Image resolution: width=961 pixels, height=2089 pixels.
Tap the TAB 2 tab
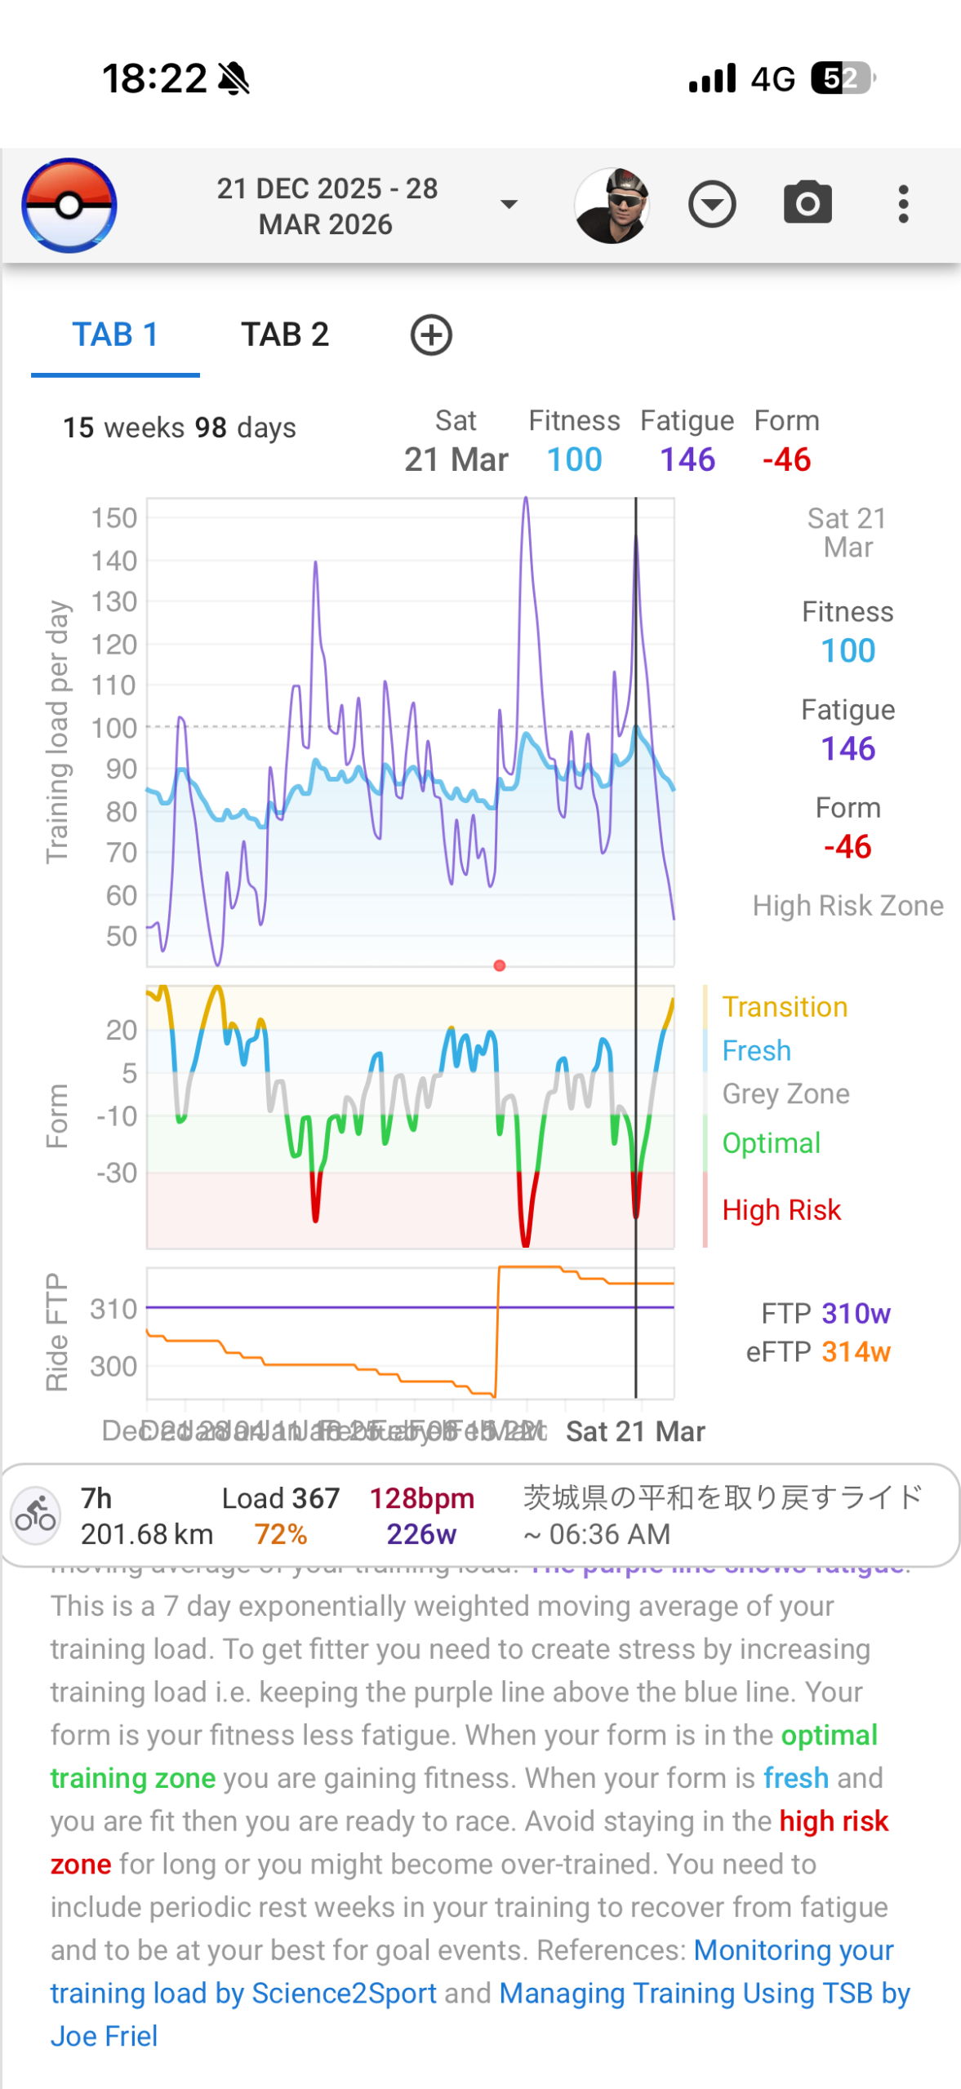coord(284,335)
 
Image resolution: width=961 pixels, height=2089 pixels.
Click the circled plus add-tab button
coord(431,335)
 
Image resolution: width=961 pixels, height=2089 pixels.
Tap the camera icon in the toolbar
coord(808,204)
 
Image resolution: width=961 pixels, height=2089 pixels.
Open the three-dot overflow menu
coord(903,204)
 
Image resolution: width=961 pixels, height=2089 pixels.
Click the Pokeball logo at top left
coord(69,205)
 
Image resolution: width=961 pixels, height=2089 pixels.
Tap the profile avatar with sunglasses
coord(612,206)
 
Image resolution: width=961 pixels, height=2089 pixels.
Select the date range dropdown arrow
coord(509,205)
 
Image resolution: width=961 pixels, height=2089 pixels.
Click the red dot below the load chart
coord(500,965)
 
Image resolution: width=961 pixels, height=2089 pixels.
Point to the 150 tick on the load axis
coord(114,518)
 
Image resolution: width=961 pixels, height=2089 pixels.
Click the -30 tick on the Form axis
coord(117,1173)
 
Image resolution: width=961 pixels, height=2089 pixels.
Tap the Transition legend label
coord(785,1007)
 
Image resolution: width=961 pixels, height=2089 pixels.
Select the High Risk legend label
coord(781,1210)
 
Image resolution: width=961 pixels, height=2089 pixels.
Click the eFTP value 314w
coord(856,1352)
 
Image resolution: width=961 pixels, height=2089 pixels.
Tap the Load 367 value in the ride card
coord(281,1498)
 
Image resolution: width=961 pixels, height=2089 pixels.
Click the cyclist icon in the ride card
coord(36,1515)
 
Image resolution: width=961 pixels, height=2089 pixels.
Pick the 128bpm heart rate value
coord(421,1498)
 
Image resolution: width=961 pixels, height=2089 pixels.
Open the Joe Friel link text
coord(105,2036)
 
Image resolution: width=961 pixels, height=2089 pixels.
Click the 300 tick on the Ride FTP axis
coord(113,1366)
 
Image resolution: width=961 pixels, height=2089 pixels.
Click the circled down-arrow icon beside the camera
coord(712,205)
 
